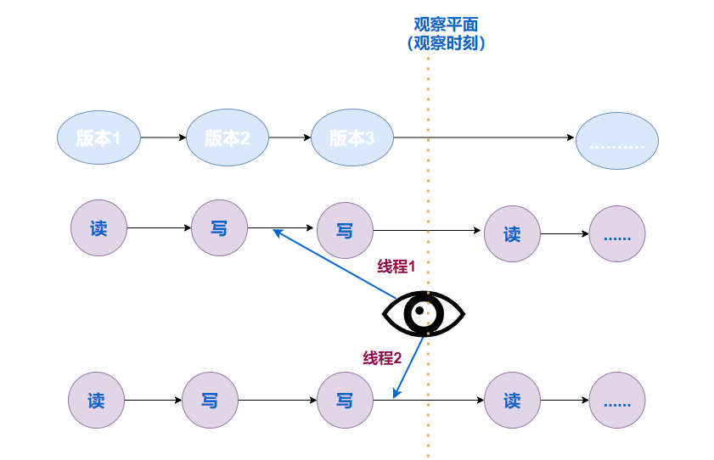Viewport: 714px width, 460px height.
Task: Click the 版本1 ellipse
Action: point(98,137)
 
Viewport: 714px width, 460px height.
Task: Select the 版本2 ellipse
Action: point(227,137)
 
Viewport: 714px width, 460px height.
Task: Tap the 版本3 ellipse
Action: point(351,137)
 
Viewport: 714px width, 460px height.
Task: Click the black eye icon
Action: point(424,314)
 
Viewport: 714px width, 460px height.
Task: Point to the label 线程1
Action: point(396,266)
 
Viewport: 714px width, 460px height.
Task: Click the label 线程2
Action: point(382,358)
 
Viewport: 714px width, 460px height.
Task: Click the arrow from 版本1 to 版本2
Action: point(163,137)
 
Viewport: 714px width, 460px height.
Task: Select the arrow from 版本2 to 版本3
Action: point(290,137)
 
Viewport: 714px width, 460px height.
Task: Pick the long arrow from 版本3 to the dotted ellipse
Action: point(484,137)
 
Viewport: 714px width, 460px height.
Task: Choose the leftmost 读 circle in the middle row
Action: point(98,228)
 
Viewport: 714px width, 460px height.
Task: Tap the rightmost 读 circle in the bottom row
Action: point(512,401)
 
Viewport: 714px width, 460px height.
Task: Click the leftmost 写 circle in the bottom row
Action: point(210,400)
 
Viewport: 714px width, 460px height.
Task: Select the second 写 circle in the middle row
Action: point(345,230)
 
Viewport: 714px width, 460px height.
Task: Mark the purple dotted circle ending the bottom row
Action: point(617,401)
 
